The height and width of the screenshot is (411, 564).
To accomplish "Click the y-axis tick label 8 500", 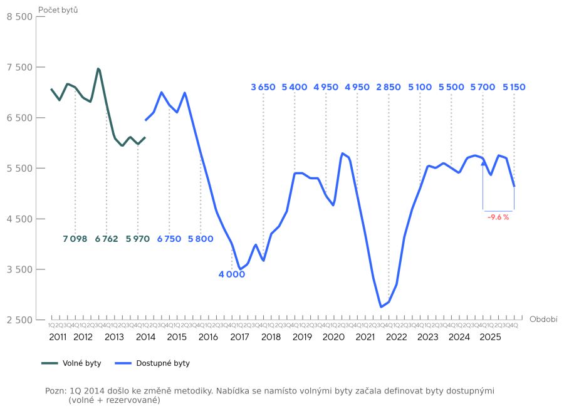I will [x=19, y=17].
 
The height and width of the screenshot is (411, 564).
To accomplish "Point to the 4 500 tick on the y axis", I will [x=19, y=219].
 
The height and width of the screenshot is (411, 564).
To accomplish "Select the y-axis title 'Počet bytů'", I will [x=58, y=9].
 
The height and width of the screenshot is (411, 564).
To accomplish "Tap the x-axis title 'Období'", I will [x=543, y=319].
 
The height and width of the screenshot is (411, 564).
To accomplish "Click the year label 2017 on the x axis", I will [x=239, y=337].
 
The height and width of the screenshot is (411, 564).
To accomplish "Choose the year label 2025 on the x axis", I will [x=491, y=337].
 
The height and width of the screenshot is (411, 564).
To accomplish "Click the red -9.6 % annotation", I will [x=498, y=217].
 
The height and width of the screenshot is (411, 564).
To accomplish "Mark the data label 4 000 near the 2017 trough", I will [x=232, y=274].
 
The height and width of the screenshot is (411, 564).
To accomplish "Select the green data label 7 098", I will [x=75, y=239].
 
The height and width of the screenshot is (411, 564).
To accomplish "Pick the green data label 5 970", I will [x=138, y=239].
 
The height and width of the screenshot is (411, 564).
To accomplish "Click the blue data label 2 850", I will [x=389, y=87].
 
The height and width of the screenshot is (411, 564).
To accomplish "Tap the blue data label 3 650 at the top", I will [x=263, y=87].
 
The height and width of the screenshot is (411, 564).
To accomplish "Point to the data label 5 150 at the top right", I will [x=514, y=87].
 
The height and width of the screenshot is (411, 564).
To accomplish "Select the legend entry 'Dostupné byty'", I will [x=154, y=363].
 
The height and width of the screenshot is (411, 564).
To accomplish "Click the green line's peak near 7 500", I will [x=98, y=68].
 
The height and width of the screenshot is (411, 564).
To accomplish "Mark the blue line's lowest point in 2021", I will [x=381, y=307].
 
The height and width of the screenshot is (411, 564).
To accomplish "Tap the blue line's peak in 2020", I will [x=342, y=153].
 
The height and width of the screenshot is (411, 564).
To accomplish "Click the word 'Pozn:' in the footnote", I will [x=55, y=391].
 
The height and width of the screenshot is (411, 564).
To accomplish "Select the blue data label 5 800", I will [x=201, y=239].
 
